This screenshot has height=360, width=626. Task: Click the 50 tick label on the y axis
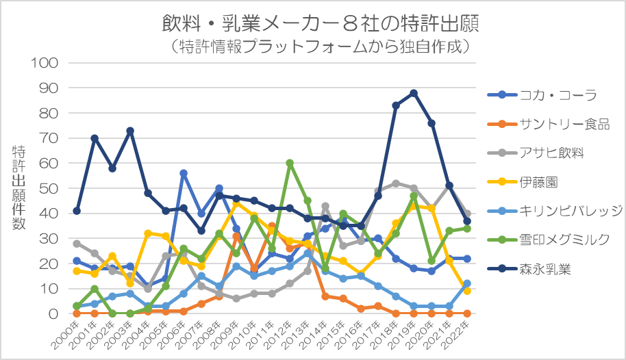(x=52, y=188)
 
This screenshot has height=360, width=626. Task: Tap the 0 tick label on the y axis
(x=56, y=313)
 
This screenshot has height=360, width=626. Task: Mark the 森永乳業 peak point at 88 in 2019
(x=414, y=93)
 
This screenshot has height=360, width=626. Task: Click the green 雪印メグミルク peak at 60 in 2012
(x=290, y=163)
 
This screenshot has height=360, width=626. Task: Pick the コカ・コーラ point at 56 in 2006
(x=184, y=173)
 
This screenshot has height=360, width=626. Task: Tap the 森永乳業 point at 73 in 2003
(x=130, y=131)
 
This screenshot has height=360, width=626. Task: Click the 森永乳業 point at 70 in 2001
(x=95, y=138)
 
